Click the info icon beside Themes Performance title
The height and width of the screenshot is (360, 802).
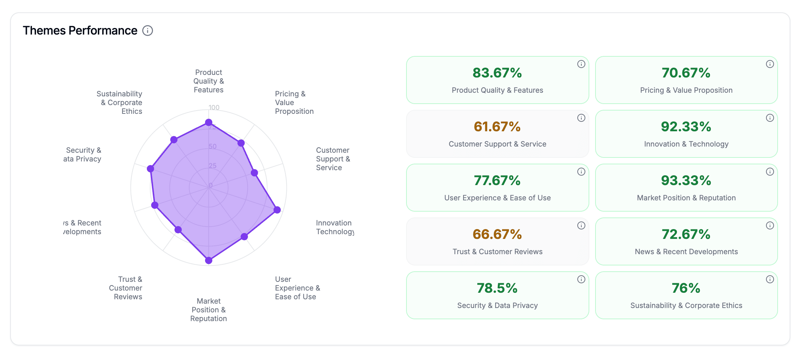tap(147, 31)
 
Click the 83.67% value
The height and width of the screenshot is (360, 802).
tap(497, 73)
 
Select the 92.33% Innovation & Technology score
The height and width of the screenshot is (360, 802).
tap(686, 127)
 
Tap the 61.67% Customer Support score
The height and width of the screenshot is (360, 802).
tap(497, 127)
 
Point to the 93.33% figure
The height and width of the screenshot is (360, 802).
tap(686, 180)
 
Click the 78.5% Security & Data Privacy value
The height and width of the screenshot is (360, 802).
tap(497, 288)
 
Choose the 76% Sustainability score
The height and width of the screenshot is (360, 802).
tap(686, 288)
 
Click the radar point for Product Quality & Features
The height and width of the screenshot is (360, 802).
tap(209, 123)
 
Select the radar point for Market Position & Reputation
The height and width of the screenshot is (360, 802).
tap(209, 260)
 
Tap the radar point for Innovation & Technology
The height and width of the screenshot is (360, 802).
tap(277, 210)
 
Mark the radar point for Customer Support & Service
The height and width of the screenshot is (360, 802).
tap(254, 173)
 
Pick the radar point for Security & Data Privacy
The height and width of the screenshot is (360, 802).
tap(151, 169)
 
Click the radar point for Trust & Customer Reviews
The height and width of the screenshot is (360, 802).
tap(178, 229)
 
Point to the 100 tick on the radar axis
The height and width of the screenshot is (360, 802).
tap(214, 108)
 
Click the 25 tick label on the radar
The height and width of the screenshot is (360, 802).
tap(213, 166)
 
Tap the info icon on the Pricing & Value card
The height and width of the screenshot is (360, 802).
tap(770, 64)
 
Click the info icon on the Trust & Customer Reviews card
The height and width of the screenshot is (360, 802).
tap(581, 225)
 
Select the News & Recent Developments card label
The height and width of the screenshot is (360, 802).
tap(686, 252)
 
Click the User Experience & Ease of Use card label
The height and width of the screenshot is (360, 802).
tap(497, 198)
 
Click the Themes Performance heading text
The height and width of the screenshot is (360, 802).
tap(80, 31)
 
